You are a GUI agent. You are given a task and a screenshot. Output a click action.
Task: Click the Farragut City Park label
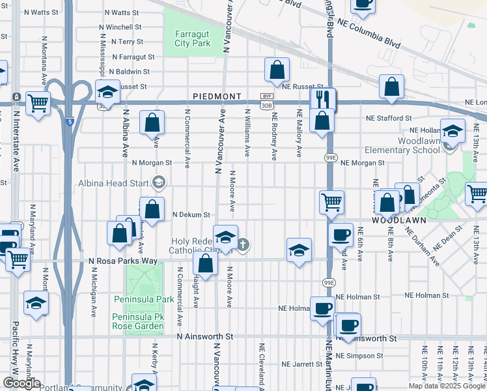click(192, 39)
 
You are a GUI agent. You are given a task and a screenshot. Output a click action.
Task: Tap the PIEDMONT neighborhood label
click(217, 96)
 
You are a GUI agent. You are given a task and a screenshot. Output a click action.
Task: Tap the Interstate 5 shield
click(69, 121)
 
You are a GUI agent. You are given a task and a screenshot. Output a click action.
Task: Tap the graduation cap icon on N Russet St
click(107, 91)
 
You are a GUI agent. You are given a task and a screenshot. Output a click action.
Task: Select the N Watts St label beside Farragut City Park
click(117, 12)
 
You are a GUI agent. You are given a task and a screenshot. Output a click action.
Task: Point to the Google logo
click(21, 383)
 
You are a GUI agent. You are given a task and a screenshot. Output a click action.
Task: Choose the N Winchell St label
click(120, 27)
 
